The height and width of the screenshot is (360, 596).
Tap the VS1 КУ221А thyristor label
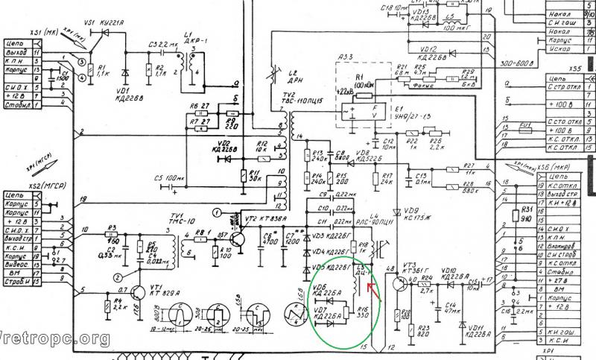tap(103, 25)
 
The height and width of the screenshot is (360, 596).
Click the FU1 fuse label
tap(524, 124)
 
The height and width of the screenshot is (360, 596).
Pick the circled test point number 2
tap(118, 277)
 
